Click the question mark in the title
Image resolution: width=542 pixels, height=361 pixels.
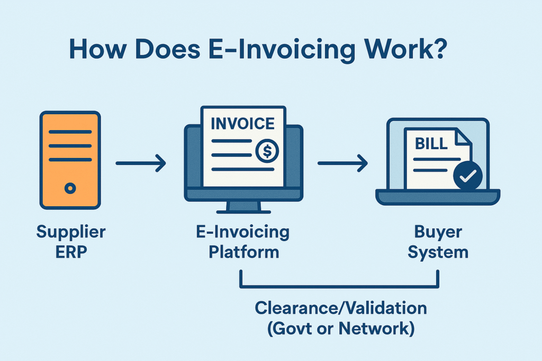pyautogui.click(x=439, y=48)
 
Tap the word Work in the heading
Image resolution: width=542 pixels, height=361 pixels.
pyautogui.click(x=396, y=48)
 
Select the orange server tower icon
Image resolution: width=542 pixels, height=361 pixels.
pyautogui.click(x=70, y=160)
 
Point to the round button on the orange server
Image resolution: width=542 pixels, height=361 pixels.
pyautogui.click(x=70, y=189)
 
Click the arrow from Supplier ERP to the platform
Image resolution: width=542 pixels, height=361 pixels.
pyautogui.click(x=141, y=163)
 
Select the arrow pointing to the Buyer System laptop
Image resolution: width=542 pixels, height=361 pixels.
pyautogui.click(x=342, y=163)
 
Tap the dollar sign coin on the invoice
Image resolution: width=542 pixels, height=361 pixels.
pyautogui.click(x=267, y=151)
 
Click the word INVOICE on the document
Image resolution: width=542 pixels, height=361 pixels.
pyautogui.click(x=242, y=124)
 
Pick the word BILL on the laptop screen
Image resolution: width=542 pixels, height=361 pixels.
pyautogui.click(x=431, y=144)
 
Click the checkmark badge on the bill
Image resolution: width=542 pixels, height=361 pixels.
pyautogui.click(x=468, y=175)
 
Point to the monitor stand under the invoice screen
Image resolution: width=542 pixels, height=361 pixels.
pyautogui.click(x=243, y=207)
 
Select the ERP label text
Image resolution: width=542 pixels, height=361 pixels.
pyautogui.click(x=71, y=252)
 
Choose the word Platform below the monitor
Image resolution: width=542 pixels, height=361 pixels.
pyautogui.click(x=243, y=252)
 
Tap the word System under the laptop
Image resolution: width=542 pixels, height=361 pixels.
pyautogui.click(x=438, y=253)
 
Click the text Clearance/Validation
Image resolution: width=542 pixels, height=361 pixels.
pyautogui.click(x=341, y=308)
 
